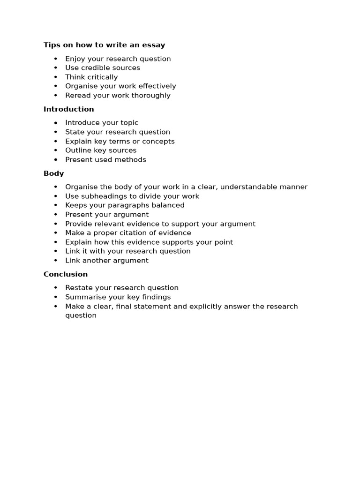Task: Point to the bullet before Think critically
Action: coord(56,77)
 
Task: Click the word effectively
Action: coord(156,86)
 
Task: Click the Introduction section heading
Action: coord(68,109)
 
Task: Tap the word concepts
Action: coord(158,141)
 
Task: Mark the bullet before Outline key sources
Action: coord(56,150)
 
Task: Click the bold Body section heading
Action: coord(53,173)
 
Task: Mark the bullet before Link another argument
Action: coord(56,261)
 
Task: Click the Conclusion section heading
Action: coord(66,274)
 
